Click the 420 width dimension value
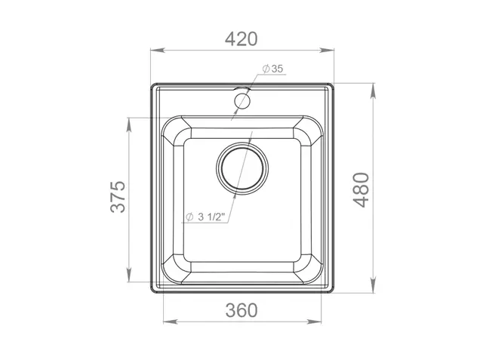[x=242, y=39]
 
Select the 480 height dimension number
[x=362, y=189]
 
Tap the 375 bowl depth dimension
[x=118, y=197]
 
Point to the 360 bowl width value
[x=242, y=310]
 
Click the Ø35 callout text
[x=272, y=69]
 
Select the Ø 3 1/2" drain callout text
[x=205, y=217]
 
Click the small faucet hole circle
[x=242, y=100]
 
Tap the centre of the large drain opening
[x=242, y=168]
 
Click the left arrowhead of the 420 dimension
[x=158, y=51]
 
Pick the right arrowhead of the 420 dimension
[x=326, y=51]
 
